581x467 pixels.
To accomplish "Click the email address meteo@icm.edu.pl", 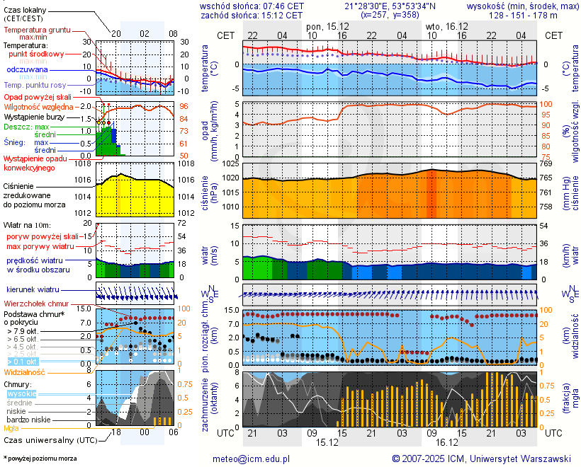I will [x=252, y=459].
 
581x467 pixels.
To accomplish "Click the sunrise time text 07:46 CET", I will [x=278, y=5].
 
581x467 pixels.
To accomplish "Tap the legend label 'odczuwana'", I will [x=27, y=70].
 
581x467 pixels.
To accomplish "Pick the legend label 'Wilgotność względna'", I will [x=35, y=107].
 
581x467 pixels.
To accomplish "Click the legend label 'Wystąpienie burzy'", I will [x=33, y=116].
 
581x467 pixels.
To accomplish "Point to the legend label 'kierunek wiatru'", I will [x=33, y=290].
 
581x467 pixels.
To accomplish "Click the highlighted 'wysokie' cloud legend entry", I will [x=21, y=393].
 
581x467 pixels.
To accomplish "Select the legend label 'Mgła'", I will [x=11, y=428].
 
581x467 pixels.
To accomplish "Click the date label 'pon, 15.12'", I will [x=328, y=26].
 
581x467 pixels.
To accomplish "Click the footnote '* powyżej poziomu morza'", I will [x=40, y=459].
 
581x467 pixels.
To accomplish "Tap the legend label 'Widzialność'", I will [x=25, y=371].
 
